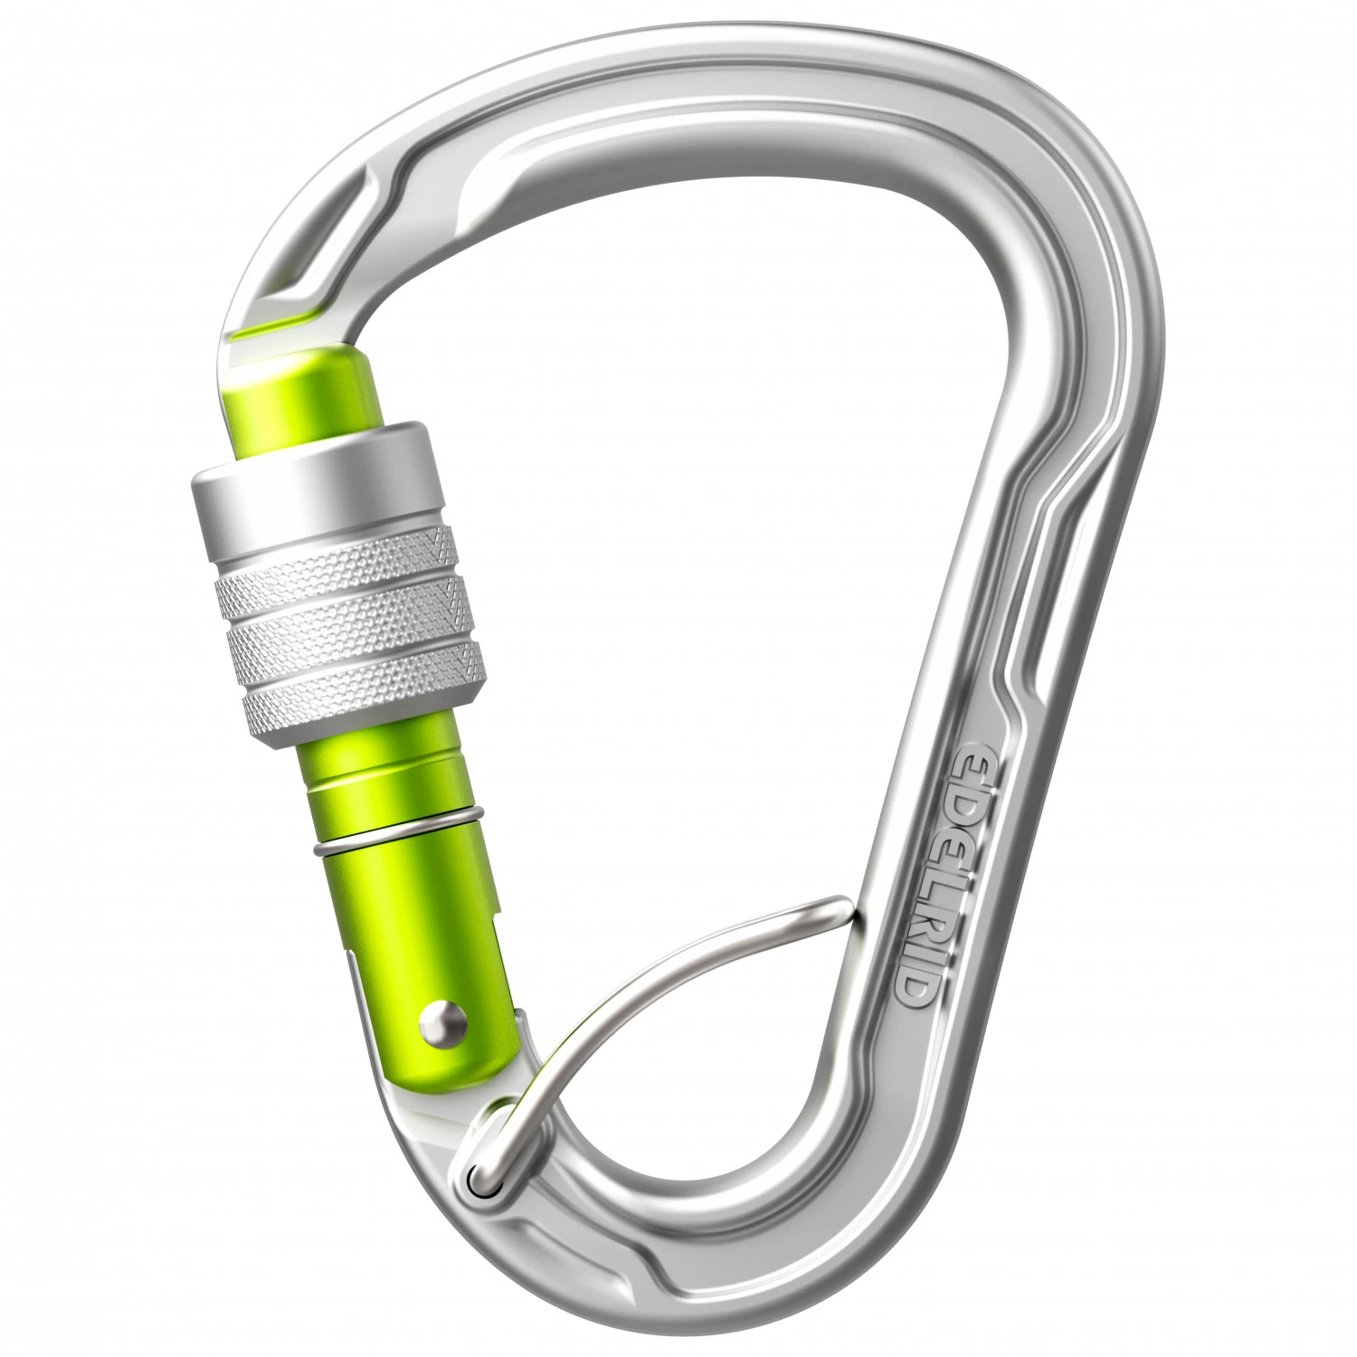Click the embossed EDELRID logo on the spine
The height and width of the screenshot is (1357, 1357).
[x=941, y=873]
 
